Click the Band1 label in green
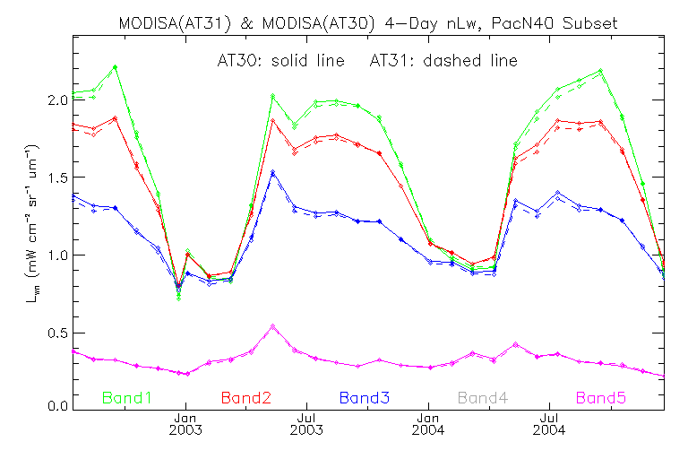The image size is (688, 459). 127,396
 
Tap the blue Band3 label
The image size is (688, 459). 364,396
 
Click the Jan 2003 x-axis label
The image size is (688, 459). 185,423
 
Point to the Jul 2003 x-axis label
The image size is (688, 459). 306,423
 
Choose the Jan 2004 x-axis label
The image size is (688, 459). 428,423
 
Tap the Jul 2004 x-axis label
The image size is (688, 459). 549,423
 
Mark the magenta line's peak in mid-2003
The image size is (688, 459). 273,327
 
